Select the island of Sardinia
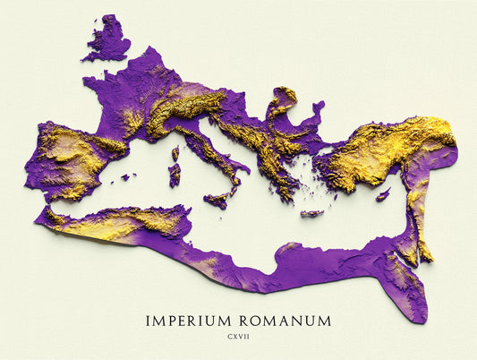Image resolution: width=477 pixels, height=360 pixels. coord(174,175)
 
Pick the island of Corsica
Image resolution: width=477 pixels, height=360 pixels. coord(175,153)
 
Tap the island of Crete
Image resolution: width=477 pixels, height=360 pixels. coord(311,213)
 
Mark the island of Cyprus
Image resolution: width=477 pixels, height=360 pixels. coord(383,194)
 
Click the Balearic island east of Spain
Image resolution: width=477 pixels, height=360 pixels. coord(125,177)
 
